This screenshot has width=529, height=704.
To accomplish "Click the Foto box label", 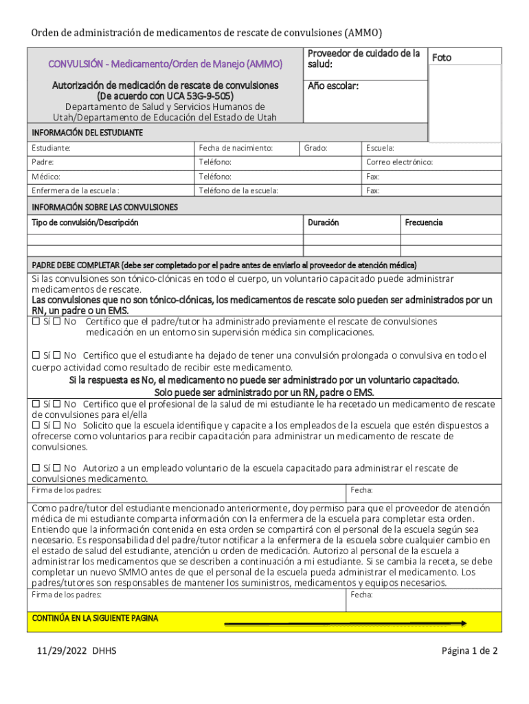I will coord(441,58).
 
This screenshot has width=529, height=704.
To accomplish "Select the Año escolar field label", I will coord(333,87).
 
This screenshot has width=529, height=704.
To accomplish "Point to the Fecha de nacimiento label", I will coord(236,148).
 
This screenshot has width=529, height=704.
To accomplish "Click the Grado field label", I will coord(316,148).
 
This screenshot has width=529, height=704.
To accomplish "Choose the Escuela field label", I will coord(380,148).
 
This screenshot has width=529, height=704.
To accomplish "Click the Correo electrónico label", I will coord(399,162).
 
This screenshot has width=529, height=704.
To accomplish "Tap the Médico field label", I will coord(45,177).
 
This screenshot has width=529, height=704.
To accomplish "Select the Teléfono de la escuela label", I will coord(238,190).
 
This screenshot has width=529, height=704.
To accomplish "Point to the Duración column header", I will coord(323,223).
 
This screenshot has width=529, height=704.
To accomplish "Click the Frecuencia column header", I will coord(423,223).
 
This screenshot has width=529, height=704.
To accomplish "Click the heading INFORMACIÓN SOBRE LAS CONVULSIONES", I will coord(104,207).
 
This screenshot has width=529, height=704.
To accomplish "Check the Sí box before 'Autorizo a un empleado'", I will coord(36,468).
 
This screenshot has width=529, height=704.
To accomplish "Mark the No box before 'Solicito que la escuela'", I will coord(58,426).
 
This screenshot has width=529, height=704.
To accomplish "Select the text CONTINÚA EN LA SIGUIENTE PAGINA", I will coord(95,618).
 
